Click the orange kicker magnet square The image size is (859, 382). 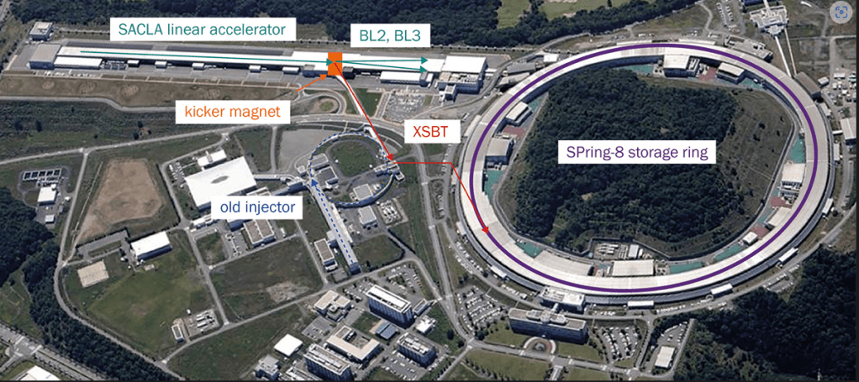click(335, 62)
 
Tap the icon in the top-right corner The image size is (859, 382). click(840, 13)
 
